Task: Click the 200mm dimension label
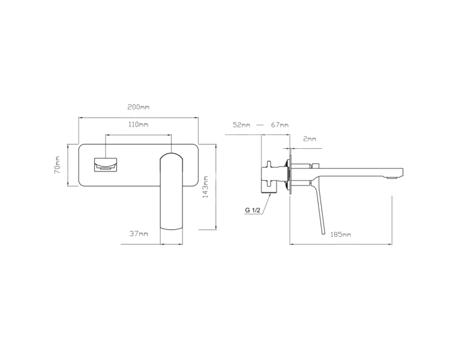139,107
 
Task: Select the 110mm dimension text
139,124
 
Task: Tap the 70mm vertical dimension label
57,165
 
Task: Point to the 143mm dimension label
205,187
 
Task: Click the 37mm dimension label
139,233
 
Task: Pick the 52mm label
241,125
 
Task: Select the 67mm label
280,125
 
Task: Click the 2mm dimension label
310,139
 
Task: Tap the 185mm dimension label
341,235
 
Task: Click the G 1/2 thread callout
253,210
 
